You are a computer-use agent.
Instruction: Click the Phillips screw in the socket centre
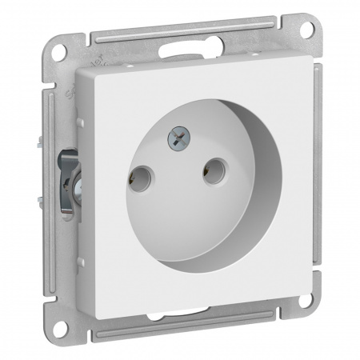pos(178,142)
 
